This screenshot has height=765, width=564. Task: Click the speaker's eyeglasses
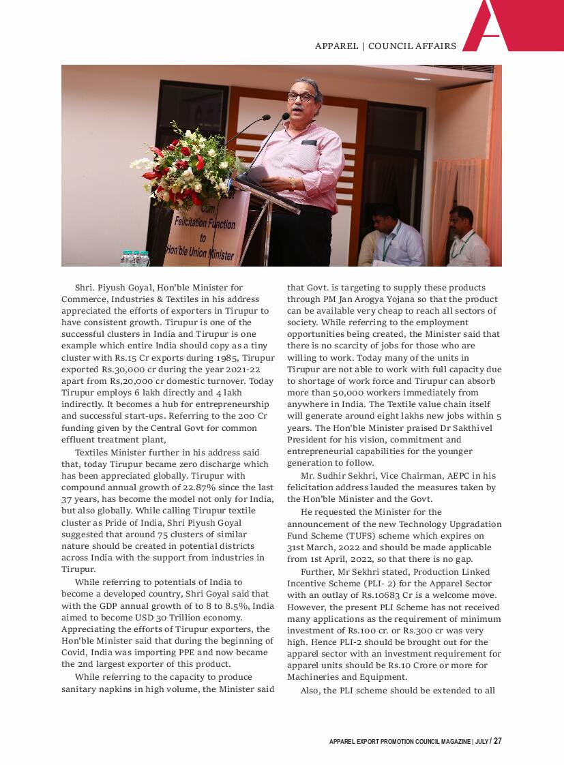pyautogui.click(x=301, y=97)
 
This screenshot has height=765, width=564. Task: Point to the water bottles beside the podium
pyautogui.click(x=135, y=258)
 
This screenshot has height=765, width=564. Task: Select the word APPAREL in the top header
pyautogui.click(x=336, y=46)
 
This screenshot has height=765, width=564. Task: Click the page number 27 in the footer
pyautogui.click(x=498, y=741)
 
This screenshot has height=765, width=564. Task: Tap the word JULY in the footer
pyautogui.click(x=481, y=742)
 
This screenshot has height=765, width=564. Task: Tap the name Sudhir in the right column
pyautogui.click(x=336, y=476)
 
